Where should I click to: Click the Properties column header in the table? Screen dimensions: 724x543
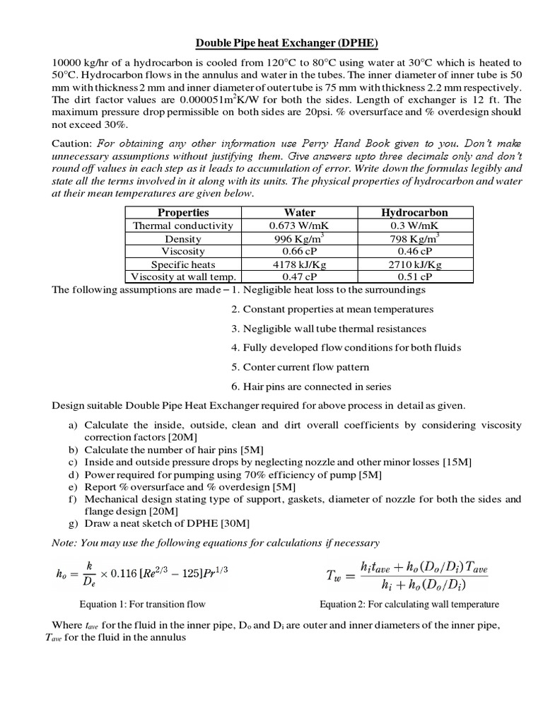[183, 212]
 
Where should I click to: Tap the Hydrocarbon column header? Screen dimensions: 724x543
[414, 212]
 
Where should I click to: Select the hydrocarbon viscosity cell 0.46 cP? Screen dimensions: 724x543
[414, 251]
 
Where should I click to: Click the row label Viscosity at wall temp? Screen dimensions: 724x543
[183, 277]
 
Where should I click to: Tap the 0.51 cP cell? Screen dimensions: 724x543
[414, 277]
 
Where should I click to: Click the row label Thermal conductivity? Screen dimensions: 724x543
[183, 226]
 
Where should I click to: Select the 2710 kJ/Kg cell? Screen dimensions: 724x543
[414, 264]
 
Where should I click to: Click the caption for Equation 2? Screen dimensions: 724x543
[409, 604]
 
